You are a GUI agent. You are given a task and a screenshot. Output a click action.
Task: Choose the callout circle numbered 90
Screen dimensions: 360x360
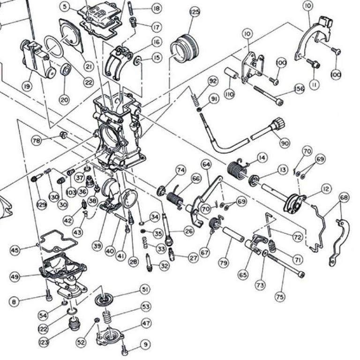pos(285,142)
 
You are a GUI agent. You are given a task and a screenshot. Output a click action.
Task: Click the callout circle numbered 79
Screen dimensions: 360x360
pos(224,263)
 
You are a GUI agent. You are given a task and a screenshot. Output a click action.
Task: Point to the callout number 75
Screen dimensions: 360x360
pos(279,296)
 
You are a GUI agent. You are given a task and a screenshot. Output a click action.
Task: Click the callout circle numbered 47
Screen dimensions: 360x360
pos(146,323)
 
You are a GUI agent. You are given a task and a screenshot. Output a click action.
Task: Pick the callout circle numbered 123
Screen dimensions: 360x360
pos(44,343)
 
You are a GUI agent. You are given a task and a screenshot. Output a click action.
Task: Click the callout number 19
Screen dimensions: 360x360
pos(26,86)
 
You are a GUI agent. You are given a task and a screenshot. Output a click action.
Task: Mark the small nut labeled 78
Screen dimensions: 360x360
pos(63,136)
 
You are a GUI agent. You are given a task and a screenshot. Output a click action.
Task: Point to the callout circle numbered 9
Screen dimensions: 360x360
pos(146,345)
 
